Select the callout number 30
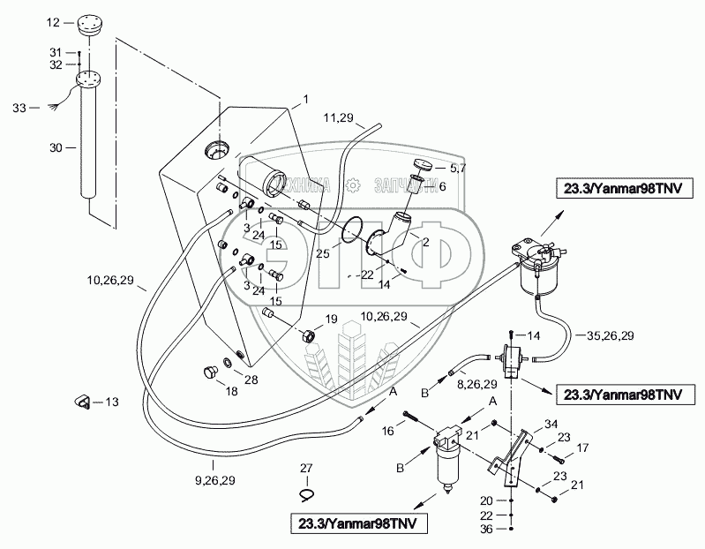[56, 148]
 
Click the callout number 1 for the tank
[305, 98]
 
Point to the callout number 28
[251, 380]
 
